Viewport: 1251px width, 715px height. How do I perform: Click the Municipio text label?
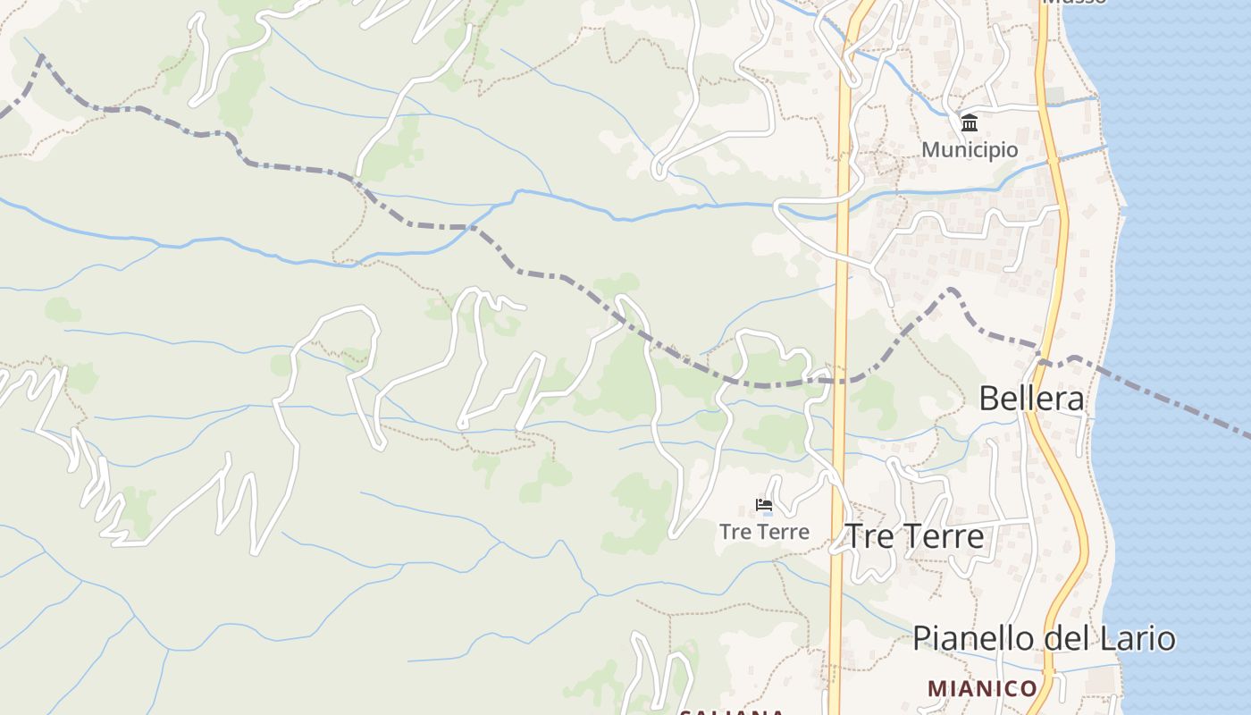(970, 149)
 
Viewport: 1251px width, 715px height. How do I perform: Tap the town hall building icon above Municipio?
(970, 122)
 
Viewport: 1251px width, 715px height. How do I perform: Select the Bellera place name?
(1032, 399)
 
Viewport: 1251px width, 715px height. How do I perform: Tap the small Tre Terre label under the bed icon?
(764, 532)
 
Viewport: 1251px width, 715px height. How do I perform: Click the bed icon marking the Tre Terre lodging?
(764, 505)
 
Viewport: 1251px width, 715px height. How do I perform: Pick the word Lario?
(1138, 639)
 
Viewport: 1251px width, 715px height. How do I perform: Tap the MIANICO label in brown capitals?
(981, 688)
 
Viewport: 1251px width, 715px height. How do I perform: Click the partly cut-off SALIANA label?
(731, 711)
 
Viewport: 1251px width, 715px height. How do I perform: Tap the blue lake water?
(1180, 223)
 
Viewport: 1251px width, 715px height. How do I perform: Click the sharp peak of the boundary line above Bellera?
(951, 290)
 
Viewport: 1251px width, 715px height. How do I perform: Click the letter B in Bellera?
(989, 399)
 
